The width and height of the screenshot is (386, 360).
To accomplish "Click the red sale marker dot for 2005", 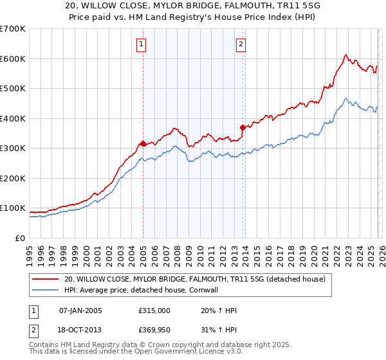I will pyautogui.click(x=143, y=143).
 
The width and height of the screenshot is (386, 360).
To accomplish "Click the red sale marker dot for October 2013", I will pyautogui.click(x=243, y=127).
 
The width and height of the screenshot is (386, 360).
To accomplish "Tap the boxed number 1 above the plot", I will pyautogui.click(x=141, y=44).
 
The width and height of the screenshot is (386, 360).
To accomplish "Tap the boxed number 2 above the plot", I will pyautogui.click(x=240, y=44).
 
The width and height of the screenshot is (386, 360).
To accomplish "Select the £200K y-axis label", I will pyautogui.click(x=13, y=178).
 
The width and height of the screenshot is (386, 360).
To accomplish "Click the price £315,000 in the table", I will pyautogui.click(x=154, y=310).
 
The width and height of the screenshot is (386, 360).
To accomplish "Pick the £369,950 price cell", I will pyautogui.click(x=154, y=330).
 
